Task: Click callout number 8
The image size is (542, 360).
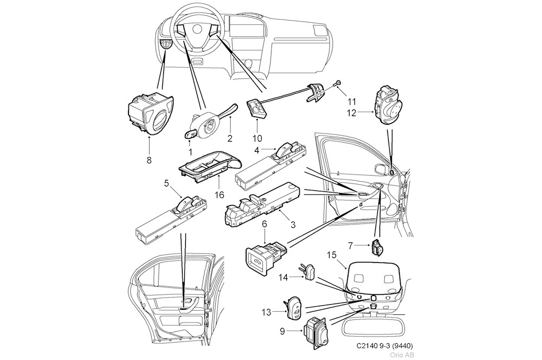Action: point(149,160)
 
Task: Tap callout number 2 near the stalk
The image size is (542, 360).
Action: point(230,139)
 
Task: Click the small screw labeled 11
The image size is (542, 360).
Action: point(338,82)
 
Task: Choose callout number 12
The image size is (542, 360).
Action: point(352,113)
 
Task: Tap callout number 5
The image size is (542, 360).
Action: point(167,184)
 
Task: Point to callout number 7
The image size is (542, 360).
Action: point(350,246)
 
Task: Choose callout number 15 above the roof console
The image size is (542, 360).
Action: point(332,254)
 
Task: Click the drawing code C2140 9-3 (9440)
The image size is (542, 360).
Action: point(387,346)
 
